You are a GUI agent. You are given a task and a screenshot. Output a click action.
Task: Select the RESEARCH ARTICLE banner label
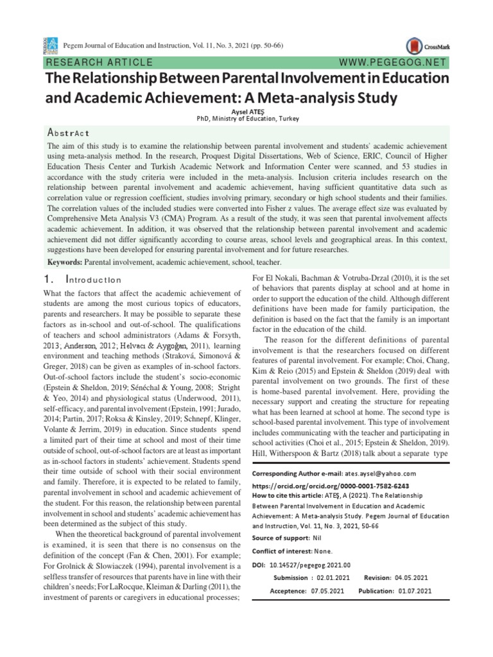pos(98,63)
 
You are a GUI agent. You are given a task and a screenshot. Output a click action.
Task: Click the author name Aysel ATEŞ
pos(247,112)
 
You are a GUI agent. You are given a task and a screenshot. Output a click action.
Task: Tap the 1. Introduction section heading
pos(84,280)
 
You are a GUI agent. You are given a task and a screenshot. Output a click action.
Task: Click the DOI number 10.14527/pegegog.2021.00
pos(311,565)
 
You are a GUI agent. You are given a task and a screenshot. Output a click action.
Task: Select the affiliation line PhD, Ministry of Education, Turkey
pos(247,119)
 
